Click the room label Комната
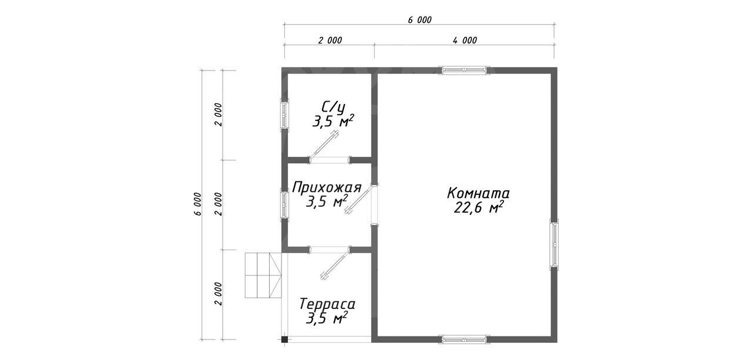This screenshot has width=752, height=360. [x=478, y=193]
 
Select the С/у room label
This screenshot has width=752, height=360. [x=333, y=107]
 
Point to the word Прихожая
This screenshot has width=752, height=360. [x=327, y=187]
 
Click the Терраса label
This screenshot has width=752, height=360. [x=327, y=304]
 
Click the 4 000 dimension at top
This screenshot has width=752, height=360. [x=465, y=41]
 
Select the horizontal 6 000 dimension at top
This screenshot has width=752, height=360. [x=419, y=20]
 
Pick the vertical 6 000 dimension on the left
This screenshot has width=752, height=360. [x=198, y=204]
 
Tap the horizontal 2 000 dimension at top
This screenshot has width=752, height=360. [x=330, y=41]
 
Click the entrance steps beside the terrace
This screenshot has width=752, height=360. [x=263, y=275]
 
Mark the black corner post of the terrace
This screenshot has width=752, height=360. [x=285, y=339]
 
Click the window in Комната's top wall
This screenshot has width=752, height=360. [x=464, y=70]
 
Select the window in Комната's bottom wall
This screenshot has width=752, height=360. [x=464, y=339]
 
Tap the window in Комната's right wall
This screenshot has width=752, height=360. [x=554, y=244]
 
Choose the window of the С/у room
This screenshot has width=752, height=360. [x=285, y=115]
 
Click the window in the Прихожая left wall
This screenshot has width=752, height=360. [x=285, y=204]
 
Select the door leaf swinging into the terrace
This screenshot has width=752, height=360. [x=335, y=264]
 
